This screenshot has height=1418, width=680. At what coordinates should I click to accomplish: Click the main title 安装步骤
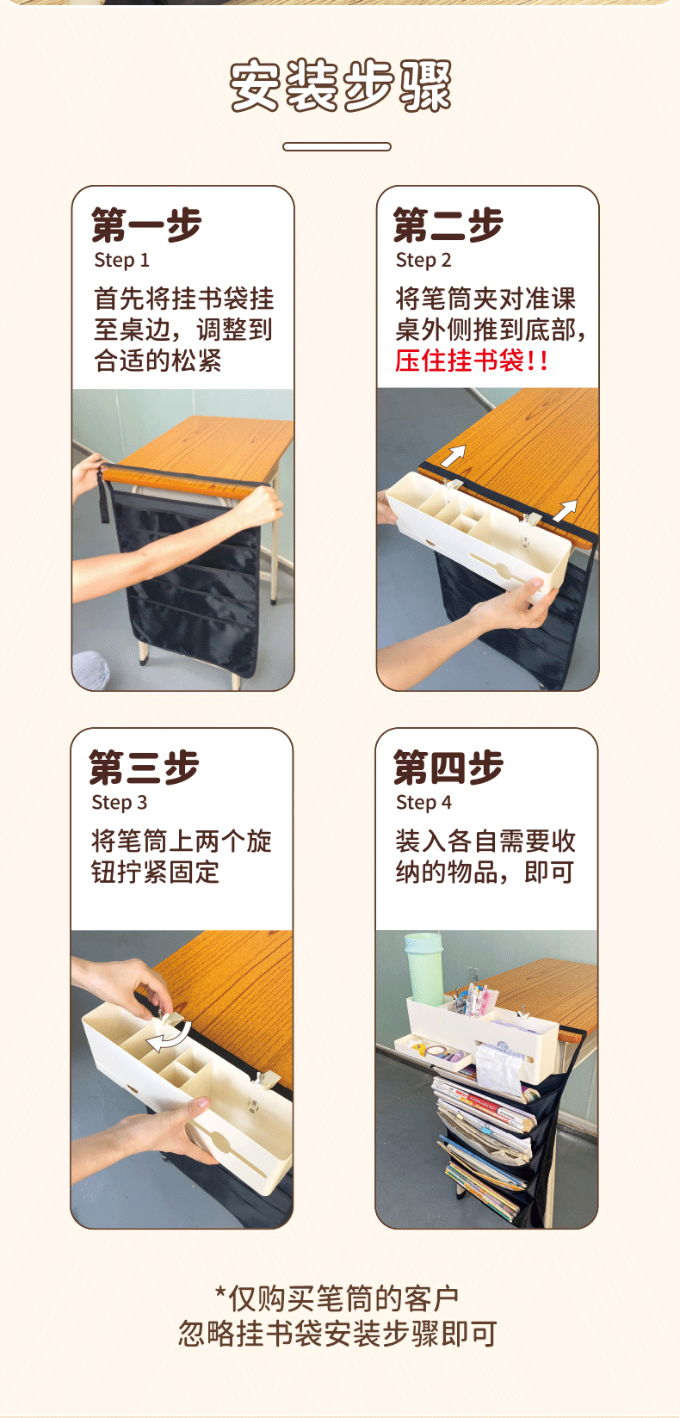pyautogui.click(x=340, y=85)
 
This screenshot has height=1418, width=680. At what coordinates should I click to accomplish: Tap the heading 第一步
pyautogui.click(x=146, y=225)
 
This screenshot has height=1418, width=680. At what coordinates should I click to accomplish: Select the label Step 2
pyautogui.click(x=423, y=260)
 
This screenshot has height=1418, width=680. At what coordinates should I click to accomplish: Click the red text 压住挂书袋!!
pyautogui.click(x=471, y=361)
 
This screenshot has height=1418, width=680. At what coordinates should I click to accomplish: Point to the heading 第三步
pyautogui.click(x=145, y=768)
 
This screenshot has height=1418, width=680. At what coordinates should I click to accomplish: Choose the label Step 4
pyautogui.click(x=423, y=803)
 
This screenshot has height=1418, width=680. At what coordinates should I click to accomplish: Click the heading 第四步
pyautogui.click(x=448, y=768)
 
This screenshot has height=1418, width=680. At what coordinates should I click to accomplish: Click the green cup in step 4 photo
pyautogui.click(x=424, y=968)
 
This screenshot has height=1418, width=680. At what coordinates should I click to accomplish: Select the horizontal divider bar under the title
pyautogui.click(x=337, y=147)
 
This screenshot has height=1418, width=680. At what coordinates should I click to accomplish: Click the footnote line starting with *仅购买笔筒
pyautogui.click(x=337, y=1299)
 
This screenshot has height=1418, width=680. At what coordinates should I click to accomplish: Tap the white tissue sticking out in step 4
pyautogui.click(x=500, y=1067)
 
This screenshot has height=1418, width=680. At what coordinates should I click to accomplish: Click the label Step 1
pyautogui.click(x=121, y=260)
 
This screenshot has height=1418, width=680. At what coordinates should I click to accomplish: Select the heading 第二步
pyautogui.click(x=448, y=225)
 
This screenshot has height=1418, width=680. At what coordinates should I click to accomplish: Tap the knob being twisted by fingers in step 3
pyautogui.click(x=169, y=1018)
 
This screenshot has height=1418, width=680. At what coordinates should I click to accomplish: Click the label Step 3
pyautogui.click(x=119, y=803)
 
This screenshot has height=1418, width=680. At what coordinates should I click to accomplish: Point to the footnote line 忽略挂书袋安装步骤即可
pyautogui.click(x=337, y=1333)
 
